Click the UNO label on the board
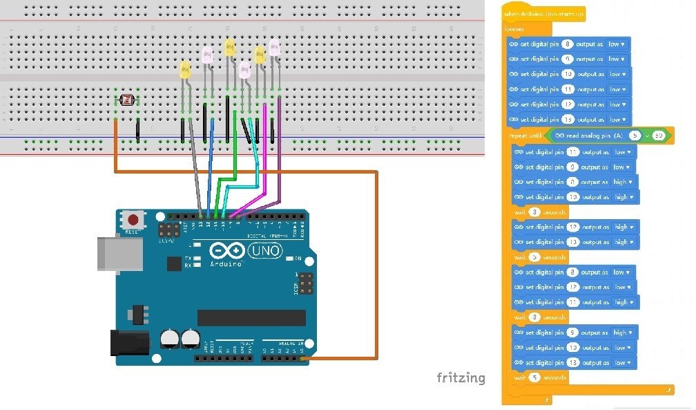(x=266, y=252)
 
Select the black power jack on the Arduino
(x=129, y=342)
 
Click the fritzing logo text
(x=461, y=378)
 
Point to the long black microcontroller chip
(x=251, y=317)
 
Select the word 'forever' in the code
(x=514, y=30)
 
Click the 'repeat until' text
(x=523, y=136)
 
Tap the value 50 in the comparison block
(x=659, y=136)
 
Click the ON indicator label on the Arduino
(x=298, y=259)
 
